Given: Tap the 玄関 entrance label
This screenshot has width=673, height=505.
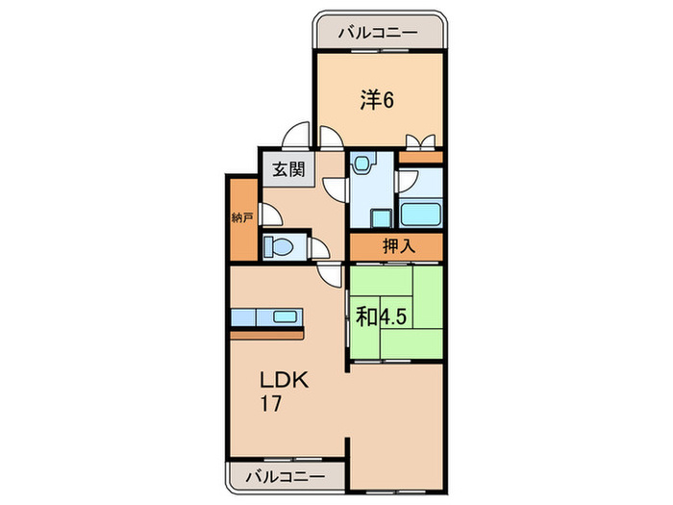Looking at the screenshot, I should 287,170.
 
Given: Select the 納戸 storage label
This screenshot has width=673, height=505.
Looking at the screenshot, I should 243,218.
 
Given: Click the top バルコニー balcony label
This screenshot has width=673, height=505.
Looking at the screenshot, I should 378,33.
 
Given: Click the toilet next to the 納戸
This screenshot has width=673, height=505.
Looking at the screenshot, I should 277,246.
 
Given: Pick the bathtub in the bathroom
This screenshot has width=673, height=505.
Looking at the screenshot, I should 420,215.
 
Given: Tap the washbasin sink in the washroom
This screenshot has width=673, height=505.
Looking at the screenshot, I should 361,164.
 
